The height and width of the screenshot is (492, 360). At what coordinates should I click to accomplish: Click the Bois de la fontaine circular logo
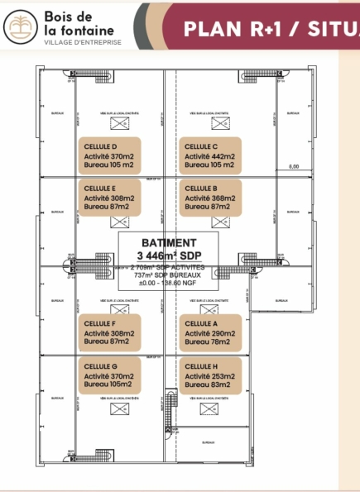tap(19, 29)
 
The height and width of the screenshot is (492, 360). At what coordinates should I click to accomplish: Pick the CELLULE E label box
tap(113, 198)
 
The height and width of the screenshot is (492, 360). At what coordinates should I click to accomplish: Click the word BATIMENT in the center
tap(169, 243)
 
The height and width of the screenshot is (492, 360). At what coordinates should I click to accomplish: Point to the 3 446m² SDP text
tap(169, 256)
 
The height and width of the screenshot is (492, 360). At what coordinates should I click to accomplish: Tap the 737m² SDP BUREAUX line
tap(169, 275)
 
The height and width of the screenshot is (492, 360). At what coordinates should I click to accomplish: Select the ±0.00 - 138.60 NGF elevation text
tap(169, 284)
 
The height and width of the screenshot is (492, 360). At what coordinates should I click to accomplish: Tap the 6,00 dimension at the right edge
tap(294, 166)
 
